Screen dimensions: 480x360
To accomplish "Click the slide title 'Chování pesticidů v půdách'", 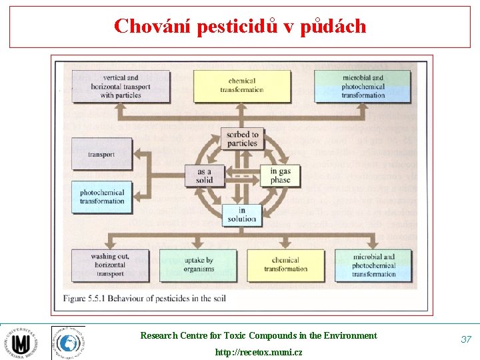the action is tap(240, 26).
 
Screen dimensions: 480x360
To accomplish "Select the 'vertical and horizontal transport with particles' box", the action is tap(111, 87).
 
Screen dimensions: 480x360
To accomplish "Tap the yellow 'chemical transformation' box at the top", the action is tap(242, 86).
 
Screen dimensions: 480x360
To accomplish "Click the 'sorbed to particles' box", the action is tap(242, 139).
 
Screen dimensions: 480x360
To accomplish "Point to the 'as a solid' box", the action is tap(204, 175).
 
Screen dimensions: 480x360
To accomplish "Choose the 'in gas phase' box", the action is tap(280, 175).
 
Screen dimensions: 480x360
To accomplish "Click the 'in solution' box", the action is tap(242, 215).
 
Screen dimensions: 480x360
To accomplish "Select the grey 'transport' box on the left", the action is tap(101, 155).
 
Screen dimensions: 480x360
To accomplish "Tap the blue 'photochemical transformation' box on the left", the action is tap(101, 197).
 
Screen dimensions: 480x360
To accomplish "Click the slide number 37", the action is tap(466, 339).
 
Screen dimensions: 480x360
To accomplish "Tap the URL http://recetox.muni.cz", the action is tap(258, 352).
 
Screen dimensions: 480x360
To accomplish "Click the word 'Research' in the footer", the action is tap(158, 336).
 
